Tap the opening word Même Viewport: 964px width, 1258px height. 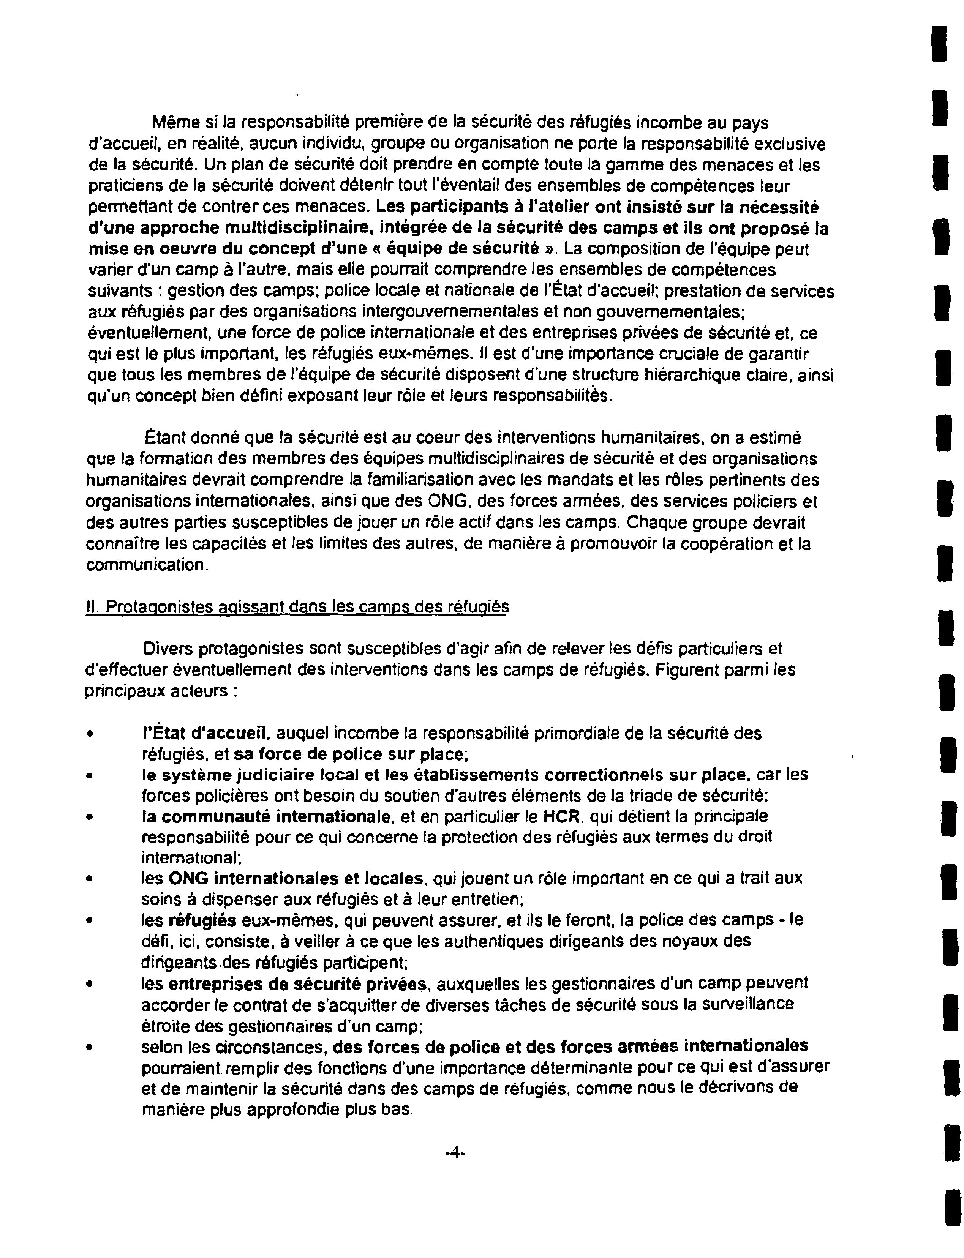click(x=171, y=123)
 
